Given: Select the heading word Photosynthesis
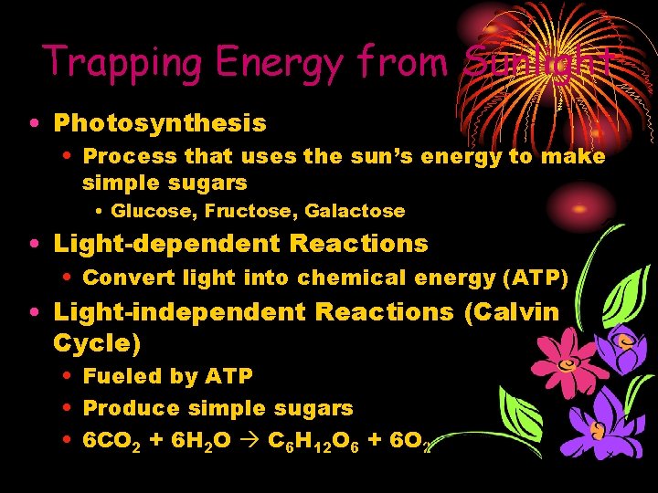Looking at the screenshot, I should [160, 122].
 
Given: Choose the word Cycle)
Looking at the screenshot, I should [97, 343].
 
